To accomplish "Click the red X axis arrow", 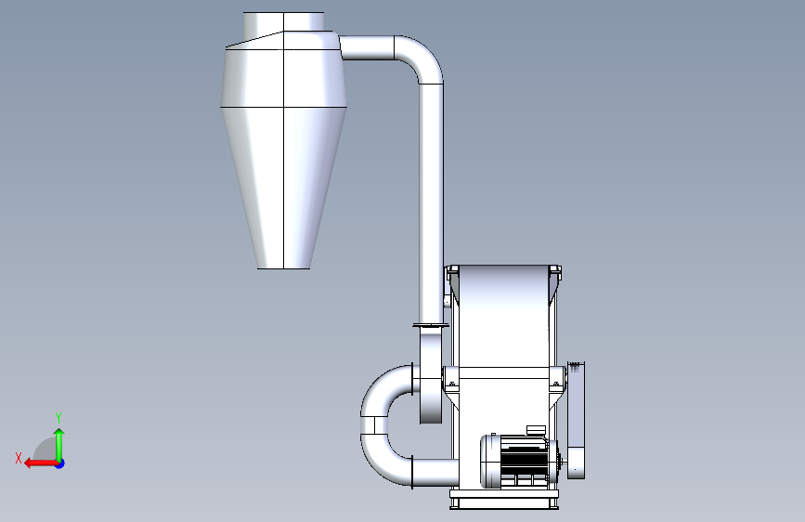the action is pos(41,463).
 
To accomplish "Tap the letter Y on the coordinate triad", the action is pos(58,418).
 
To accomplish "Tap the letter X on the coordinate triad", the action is pos(19,458).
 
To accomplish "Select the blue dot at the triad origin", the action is pos(60,463).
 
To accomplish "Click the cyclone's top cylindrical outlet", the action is pos(283,21).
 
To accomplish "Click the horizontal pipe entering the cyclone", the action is pos(367,47).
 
